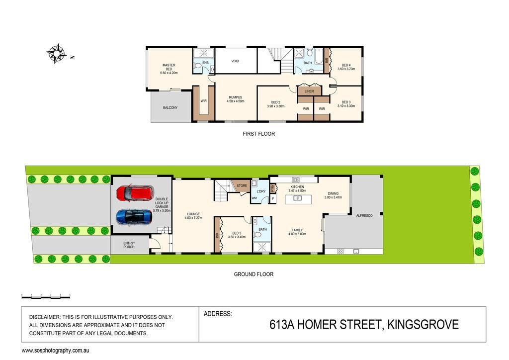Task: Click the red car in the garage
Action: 135,193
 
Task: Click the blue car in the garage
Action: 134,217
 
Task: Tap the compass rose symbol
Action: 57,53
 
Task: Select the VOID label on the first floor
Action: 235,61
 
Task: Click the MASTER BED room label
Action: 169,67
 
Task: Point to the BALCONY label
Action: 170,107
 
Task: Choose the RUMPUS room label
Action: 235,97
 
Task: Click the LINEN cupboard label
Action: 309,91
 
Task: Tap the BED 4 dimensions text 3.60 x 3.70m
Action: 346,69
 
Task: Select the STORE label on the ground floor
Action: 242,185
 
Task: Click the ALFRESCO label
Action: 364,215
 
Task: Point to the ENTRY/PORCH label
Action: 129,245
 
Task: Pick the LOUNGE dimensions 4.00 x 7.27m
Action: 193,218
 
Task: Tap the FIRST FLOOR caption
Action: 258,134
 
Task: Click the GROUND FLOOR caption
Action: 254,274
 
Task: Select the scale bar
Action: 46,296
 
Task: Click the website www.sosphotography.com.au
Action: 55,351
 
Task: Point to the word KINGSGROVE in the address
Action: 423,325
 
